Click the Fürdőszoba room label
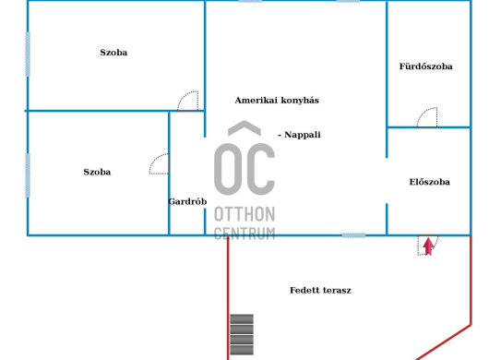[x=425, y=66]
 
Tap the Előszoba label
[x=429, y=182]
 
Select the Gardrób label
[x=187, y=201]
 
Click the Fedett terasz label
[x=320, y=291]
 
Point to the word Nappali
[x=303, y=135]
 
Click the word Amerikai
[x=256, y=101]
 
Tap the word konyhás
[x=300, y=101]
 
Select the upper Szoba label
[x=113, y=53]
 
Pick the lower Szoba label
[x=97, y=172]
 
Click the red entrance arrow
[x=428, y=246]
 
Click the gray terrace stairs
[x=242, y=334]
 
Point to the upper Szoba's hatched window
[x=28, y=54]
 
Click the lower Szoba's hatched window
[x=28, y=175]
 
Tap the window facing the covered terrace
[x=353, y=235]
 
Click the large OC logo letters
[x=244, y=159]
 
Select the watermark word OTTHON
[x=244, y=214]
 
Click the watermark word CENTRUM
[x=244, y=234]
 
